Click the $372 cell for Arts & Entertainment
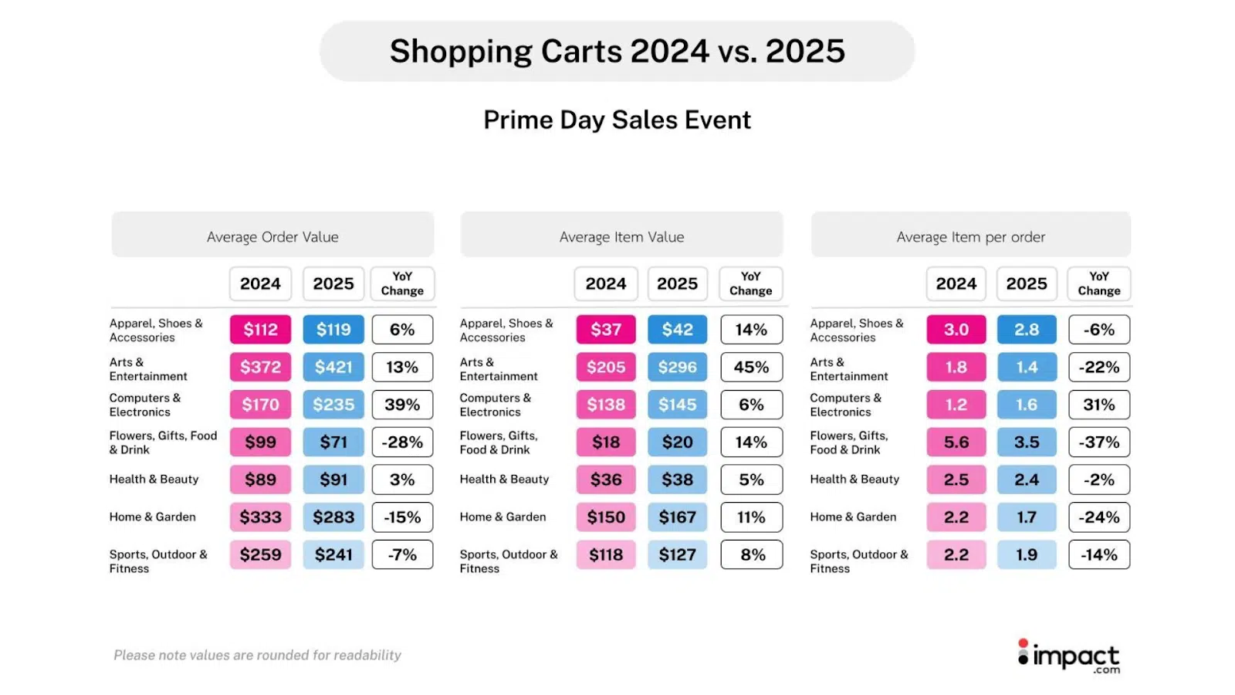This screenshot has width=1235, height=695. pyautogui.click(x=260, y=367)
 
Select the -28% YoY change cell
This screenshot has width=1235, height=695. pyautogui.click(x=402, y=442)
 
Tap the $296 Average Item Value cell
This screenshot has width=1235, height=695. pyautogui.click(x=677, y=367)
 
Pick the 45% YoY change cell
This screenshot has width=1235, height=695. pyautogui.click(x=751, y=367)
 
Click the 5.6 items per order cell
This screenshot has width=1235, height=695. pyautogui.click(x=956, y=442)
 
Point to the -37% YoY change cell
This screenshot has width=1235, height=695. pyautogui.click(x=1099, y=442)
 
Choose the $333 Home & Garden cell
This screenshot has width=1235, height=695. pyautogui.click(x=260, y=517)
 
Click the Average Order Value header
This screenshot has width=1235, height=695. pyautogui.click(x=272, y=236)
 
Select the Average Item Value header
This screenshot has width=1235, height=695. pyautogui.click(x=621, y=236)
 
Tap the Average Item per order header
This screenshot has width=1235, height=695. pyautogui.click(x=970, y=236)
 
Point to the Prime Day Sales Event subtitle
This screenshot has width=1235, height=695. pyautogui.click(x=617, y=120)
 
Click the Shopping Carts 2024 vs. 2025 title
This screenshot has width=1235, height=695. pyautogui.click(x=617, y=51)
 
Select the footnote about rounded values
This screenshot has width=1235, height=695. pyautogui.click(x=257, y=655)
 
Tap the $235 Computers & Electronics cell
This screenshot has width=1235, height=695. pyautogui.click(x=333, y=405)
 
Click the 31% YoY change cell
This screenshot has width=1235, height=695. pyautogui.click(x=1099, y=405)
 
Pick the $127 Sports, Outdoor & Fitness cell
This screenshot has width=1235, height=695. pyautogui.click(x=677, y=554)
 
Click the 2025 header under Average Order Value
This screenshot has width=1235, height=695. pyautogui.click(x=333, y=283)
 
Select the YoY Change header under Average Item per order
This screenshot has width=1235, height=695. pyautogui.click(x=1098, y=283)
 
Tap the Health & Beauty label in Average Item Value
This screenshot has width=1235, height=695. pyautogui.click(x=504, y=480)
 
